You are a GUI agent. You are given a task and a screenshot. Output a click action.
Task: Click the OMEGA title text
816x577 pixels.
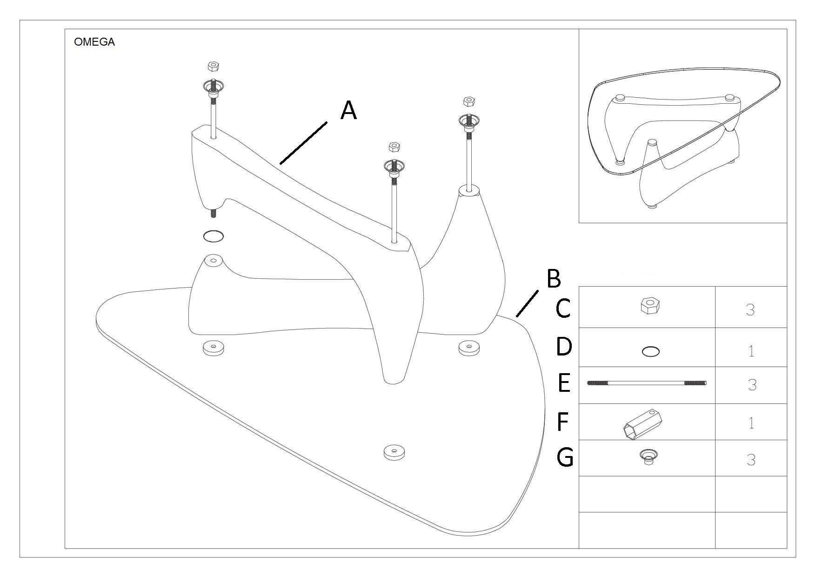click(94, 42)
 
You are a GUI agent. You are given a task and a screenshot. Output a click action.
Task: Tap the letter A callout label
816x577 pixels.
click(348, 111)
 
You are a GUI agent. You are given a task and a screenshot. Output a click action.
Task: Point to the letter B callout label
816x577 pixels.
click(553, 279)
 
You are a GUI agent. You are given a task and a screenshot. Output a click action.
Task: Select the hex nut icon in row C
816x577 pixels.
click(650, 306)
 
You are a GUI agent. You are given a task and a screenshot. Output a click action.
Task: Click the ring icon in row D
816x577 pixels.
click(650, 352)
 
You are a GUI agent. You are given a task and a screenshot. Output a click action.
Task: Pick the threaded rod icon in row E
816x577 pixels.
click(647, 383)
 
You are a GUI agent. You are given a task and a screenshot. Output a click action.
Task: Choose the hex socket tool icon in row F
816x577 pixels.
click(642, 424)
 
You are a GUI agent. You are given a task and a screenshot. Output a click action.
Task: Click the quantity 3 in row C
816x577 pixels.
click(750, 309)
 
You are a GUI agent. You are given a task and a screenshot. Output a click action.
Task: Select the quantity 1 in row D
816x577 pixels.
click(751, 350)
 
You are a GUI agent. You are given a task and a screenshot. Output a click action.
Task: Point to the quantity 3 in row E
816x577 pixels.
click(751, 385)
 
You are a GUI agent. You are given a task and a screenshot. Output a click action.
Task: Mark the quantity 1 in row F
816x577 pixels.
click(750, 423)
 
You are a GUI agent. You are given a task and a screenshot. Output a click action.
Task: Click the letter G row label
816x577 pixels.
click(565, 457)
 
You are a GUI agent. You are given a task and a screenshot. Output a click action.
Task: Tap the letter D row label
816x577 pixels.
click(563, 347)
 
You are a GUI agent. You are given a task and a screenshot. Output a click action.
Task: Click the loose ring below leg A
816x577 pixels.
click(213, 236)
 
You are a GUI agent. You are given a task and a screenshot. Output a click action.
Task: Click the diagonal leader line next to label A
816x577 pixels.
click(303, 143)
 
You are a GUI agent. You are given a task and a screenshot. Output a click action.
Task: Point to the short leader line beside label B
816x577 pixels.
click(527, 303)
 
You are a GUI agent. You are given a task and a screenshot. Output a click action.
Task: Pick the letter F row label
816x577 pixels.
click(562, 422)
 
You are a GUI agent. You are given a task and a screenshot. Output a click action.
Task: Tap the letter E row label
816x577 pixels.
click(563, 384)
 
